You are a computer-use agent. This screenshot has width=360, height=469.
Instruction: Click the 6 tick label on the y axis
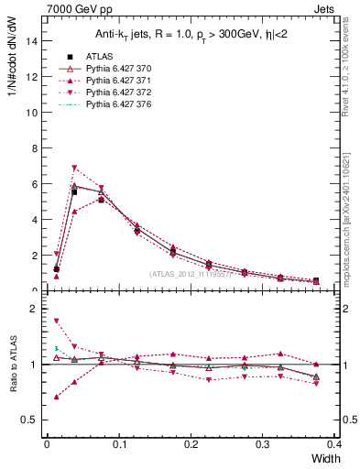(x=35, y=183)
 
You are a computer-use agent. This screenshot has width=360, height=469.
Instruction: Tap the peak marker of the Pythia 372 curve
(x=74, y=168)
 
